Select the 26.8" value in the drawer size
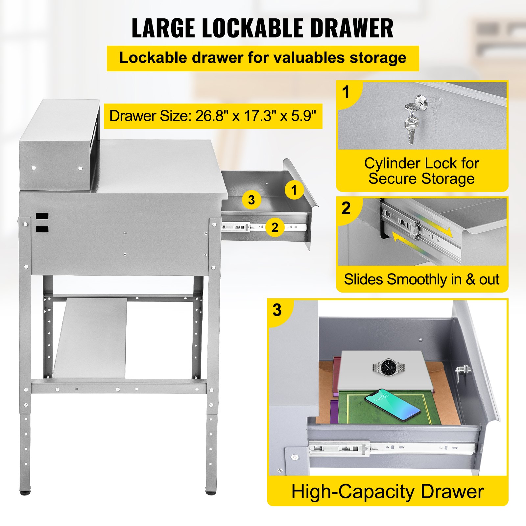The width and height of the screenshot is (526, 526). pyautogui.click(x=210, y=116)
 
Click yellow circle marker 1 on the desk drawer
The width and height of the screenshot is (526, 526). pyautogui.click(x=294, y=190)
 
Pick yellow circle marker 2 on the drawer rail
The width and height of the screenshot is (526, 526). pyautogui.click(x=275, y=227)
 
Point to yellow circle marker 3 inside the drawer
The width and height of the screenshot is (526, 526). pyautogui.click(x=251, y=200)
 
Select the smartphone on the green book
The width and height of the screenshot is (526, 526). pyautogui.click(x=392, y=405)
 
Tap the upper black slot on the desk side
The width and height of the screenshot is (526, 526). pyautogui.click(x=42, y=216)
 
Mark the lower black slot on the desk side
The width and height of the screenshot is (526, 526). pyautogui.click(x=42, y=229)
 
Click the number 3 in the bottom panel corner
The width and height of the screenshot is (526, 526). pyautogui.click(x=277, y=310)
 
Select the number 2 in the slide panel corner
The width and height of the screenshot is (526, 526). pyautogui.click(x=346, y=208)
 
